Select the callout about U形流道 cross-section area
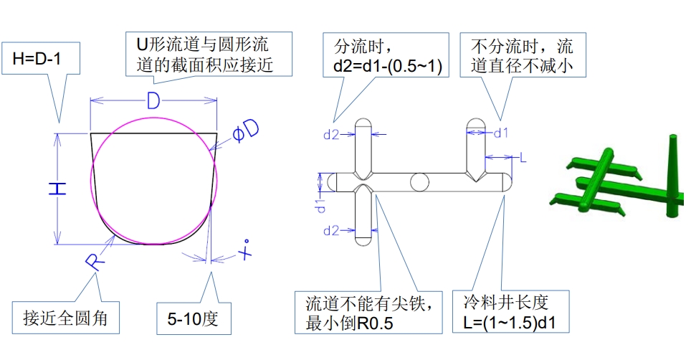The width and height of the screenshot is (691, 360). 209,55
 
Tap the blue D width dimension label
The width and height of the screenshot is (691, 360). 153,102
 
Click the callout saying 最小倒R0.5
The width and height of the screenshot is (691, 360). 370,313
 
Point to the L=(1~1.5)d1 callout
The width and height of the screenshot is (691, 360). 510,313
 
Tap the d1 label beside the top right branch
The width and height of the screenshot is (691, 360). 502,133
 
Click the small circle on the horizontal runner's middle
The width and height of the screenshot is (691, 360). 419,182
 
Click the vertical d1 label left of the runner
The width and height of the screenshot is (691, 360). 323,205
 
